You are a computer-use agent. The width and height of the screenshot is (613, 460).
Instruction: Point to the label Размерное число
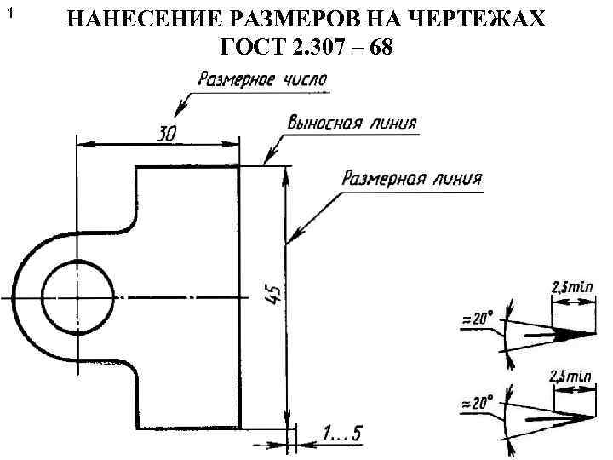(x=263, y=81)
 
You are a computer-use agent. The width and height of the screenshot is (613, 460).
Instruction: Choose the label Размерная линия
(x=411, y=180)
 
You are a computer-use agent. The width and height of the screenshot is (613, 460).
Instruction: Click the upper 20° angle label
(x=478, y=319)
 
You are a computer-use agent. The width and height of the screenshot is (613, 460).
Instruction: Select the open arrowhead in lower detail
(x=574, y=417)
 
